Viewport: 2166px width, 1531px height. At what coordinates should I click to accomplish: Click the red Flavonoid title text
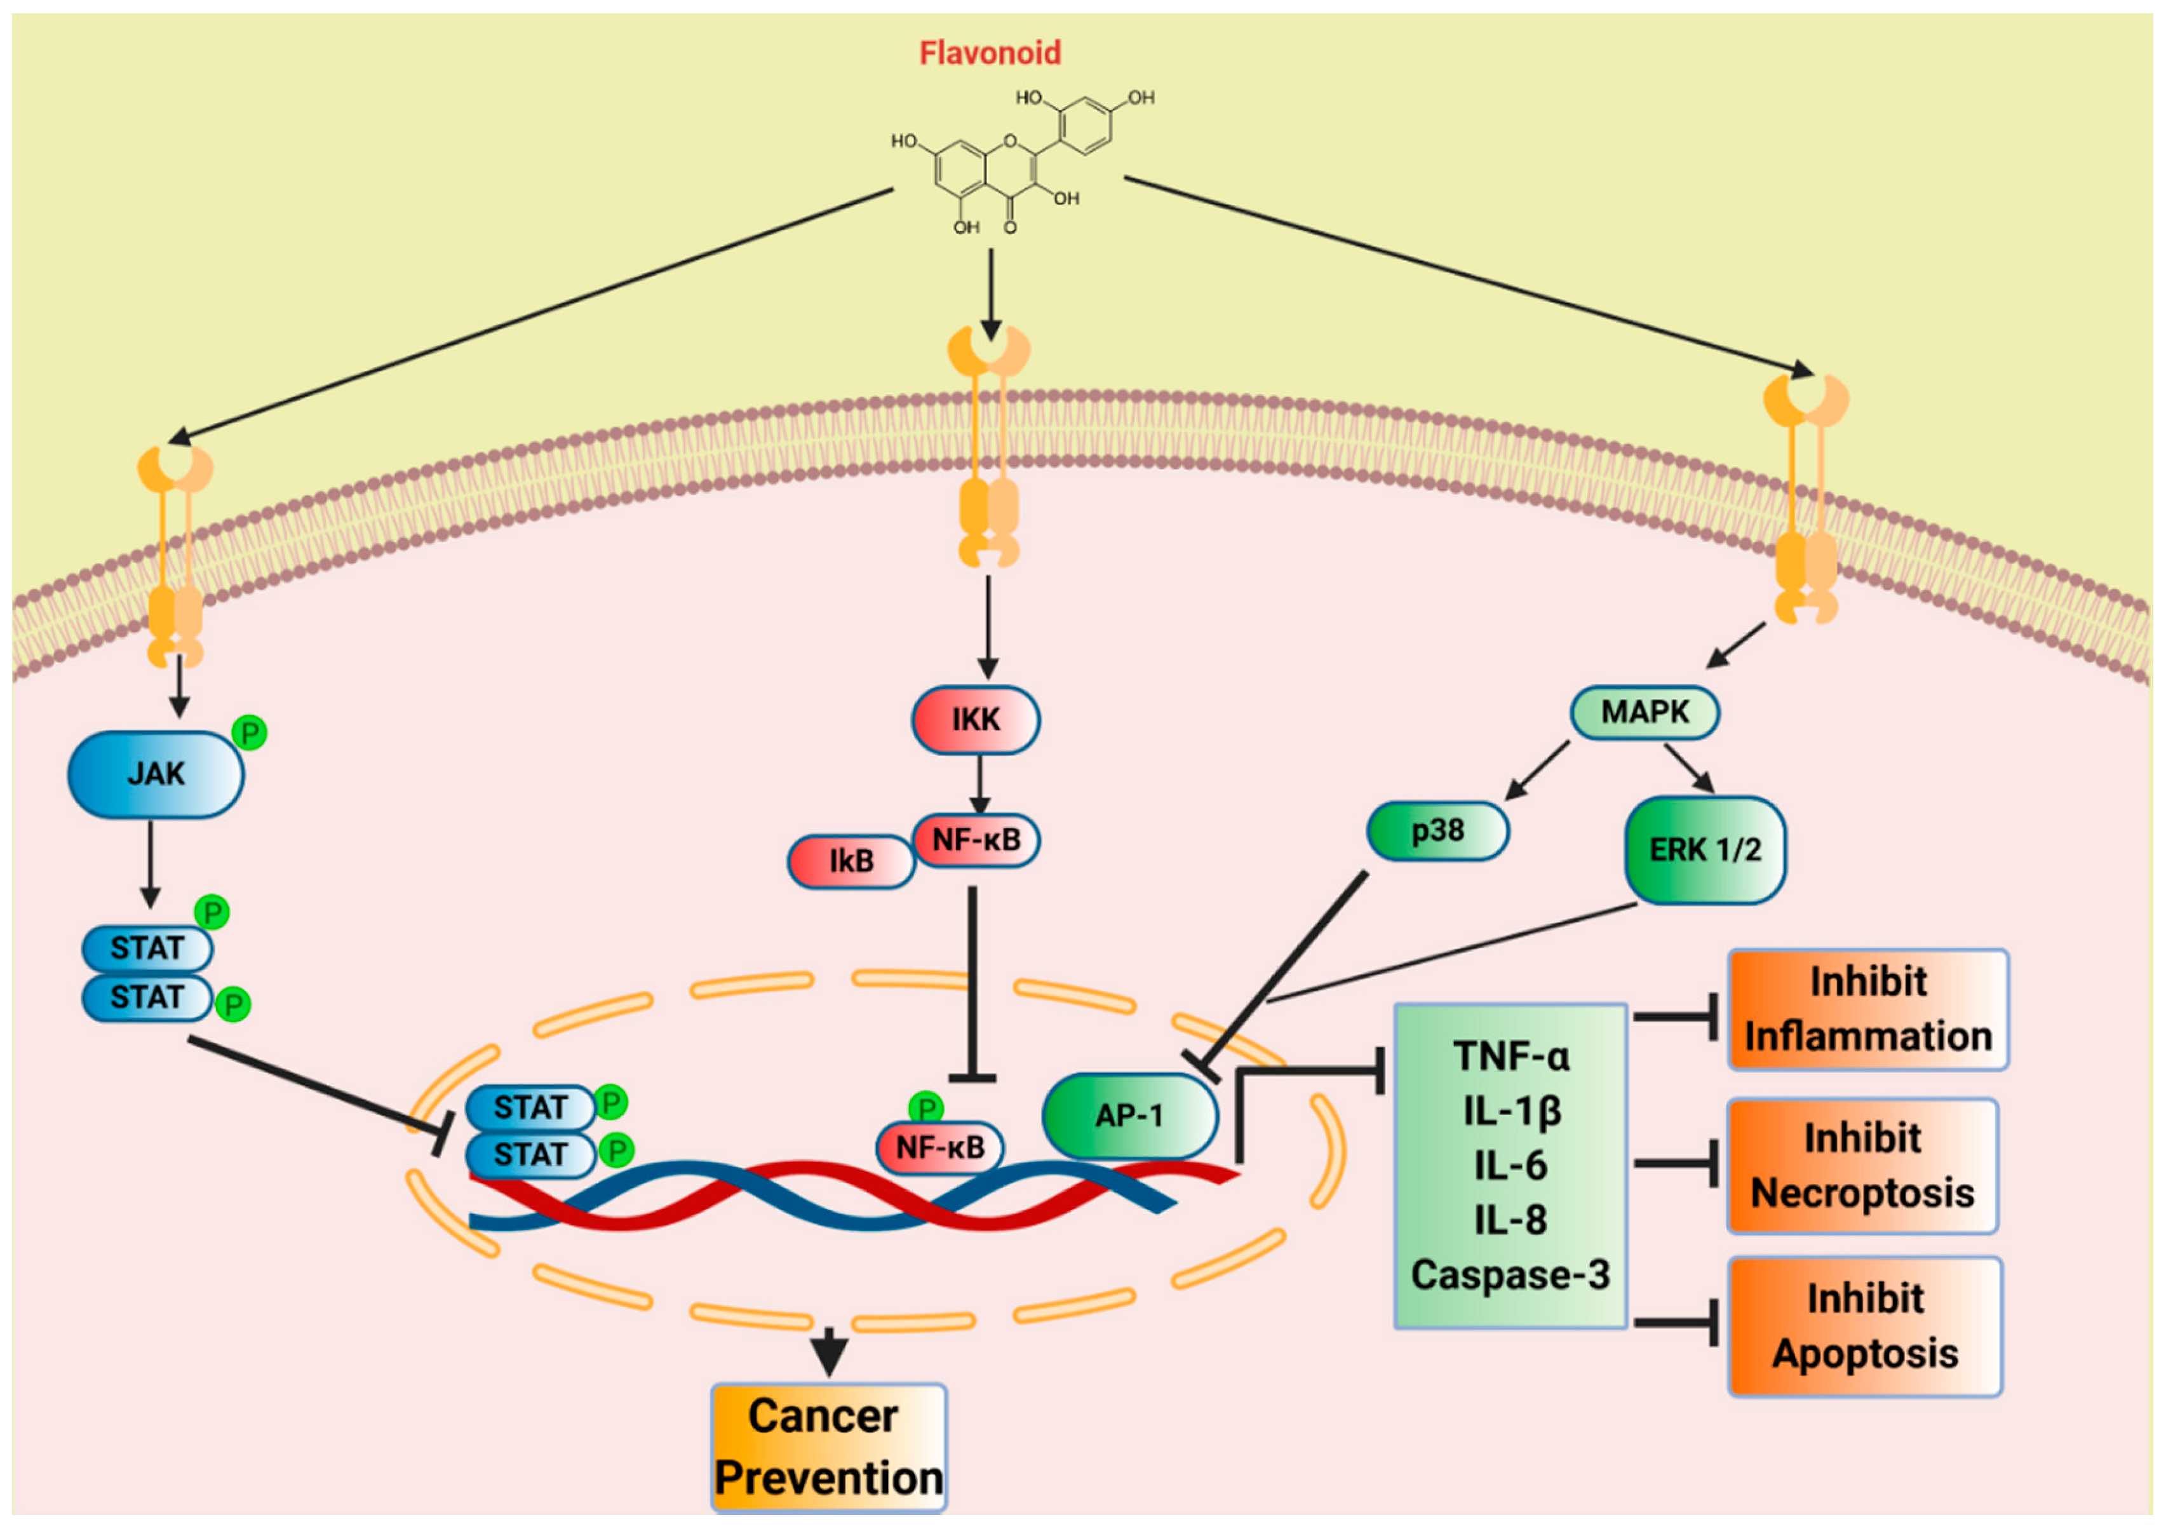(990, 53)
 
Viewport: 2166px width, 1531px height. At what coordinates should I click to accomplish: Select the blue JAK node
(156, 774)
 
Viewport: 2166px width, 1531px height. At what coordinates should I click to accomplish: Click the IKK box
(976, 720)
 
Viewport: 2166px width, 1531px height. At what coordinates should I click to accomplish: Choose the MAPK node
(1645, 712)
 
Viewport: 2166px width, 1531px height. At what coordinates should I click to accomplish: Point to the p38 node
(1437, 831)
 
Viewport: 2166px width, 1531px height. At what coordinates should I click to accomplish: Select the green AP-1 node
(1129, 1116)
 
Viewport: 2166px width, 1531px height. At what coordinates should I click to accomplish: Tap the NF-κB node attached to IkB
(976, 840)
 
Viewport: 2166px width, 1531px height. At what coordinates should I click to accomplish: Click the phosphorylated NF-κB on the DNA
(939, 1148)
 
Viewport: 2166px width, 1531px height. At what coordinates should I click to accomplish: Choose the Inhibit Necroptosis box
(1862, 1166)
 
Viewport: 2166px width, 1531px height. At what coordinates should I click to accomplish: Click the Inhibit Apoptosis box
(1865, 1325)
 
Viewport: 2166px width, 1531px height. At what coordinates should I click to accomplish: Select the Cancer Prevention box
(828, 1446)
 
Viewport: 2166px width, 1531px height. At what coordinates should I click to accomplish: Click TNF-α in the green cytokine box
(1510, 1056)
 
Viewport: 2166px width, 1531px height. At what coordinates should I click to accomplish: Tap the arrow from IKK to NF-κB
(979, 785)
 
